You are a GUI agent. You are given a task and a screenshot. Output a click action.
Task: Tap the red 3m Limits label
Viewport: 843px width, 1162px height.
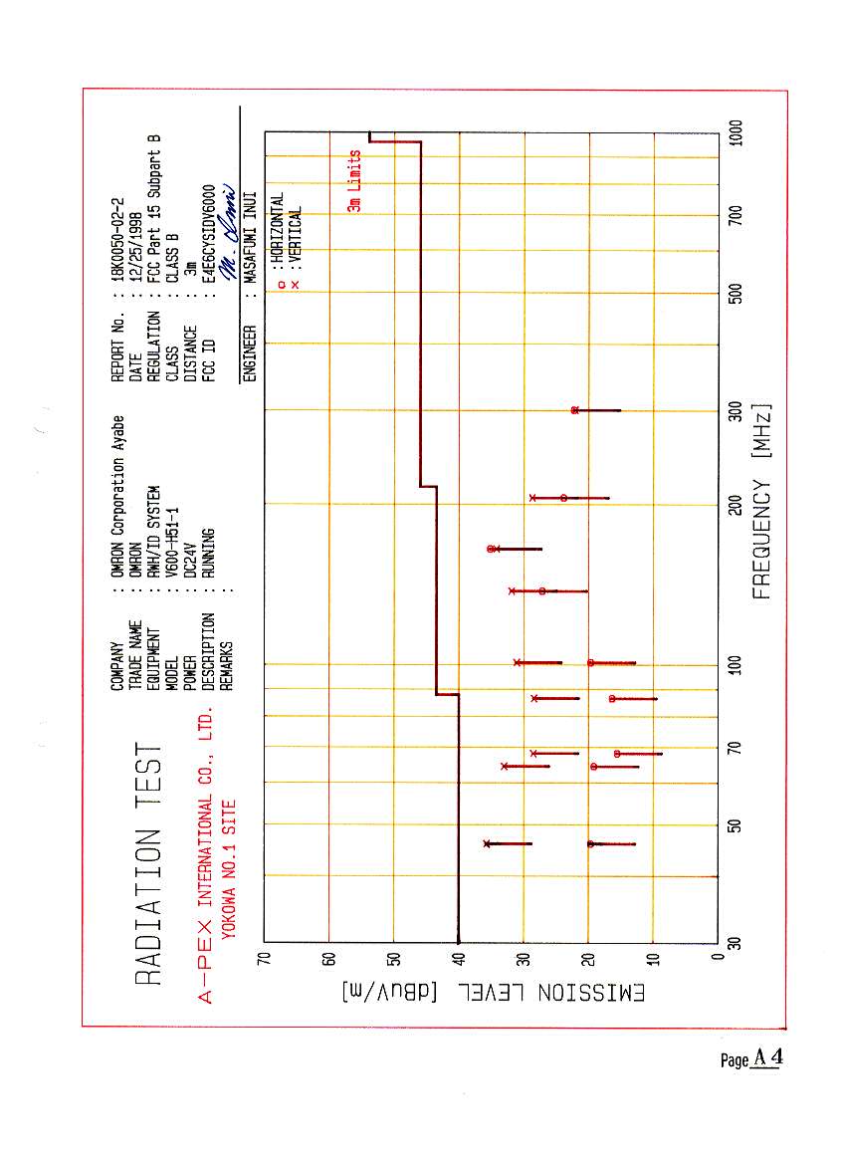pyautogui.click(x=354, y=181)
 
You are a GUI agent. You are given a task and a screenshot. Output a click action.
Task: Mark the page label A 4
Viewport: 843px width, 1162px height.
pyautogui.click(x=767, y=1058)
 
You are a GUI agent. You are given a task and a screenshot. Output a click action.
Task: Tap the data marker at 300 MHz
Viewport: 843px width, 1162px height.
pyautogui.click(x=575, y=410)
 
